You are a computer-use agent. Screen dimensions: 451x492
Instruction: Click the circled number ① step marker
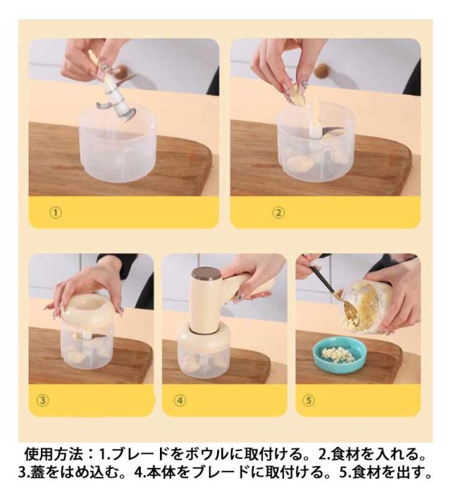(56, 213)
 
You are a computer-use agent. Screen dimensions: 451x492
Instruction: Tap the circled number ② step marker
(278, 213)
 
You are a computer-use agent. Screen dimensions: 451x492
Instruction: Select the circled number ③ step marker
(43, 400)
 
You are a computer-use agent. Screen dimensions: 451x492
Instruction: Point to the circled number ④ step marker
(180, 400)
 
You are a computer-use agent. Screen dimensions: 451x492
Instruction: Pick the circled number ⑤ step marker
(308, 400)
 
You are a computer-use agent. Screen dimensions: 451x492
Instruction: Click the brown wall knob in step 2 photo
(322, 71)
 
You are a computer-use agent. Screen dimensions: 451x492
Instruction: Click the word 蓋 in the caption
(37, 472)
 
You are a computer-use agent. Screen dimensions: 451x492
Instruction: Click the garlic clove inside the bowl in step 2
(299, 163)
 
